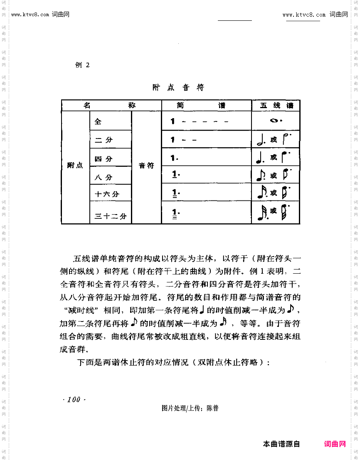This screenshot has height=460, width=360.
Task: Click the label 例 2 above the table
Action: click(x=82, y=65)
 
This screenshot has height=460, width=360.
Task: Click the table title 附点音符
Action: click(x=178, y=87)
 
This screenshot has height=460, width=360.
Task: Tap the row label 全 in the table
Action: click(x=98, y=121)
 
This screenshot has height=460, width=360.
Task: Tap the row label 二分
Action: click(x=104, y=140)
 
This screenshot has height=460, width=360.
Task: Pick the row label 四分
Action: click(x=104, y=159)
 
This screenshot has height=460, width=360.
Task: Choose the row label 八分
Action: click(x=104, y=177)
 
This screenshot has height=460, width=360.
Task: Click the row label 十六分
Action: click(x=107, y=194)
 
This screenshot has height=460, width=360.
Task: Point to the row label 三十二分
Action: click(x=111, y=216)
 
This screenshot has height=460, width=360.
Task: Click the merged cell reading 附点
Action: click(x=75, y=166)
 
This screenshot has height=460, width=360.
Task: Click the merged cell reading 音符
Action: click(x=146, y=166)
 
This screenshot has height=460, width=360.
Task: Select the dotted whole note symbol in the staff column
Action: click(x=276, y=121)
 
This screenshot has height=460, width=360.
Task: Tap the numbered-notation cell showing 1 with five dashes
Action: click(x=200, y=121)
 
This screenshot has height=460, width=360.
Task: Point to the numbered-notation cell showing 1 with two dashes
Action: click(x=183, y=140)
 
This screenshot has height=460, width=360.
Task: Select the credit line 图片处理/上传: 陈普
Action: click(x=190, y=408)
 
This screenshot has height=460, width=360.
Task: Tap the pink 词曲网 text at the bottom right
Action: click(x=335, y=444)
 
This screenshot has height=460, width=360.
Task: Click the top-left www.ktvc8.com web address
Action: click(x=31, y=15)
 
